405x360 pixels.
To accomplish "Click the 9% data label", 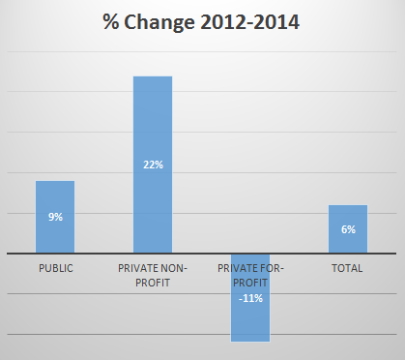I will [x=55, y=217].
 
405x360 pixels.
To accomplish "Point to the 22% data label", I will [x=153, y=165].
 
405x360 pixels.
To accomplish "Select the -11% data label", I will [x=250, y=298].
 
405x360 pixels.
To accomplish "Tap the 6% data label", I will [x=347, y=229].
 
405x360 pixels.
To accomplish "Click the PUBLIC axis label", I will [x=55, y=268].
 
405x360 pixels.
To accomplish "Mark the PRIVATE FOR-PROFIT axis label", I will [x=250, y=274].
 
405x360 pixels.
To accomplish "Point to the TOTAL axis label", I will [x=347, y=268].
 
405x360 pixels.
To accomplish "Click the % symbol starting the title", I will [x=111, y=22].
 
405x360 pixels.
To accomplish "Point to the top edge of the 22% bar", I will [x=153, y=76].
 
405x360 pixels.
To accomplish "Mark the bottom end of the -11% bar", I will [x=249, y=341].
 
